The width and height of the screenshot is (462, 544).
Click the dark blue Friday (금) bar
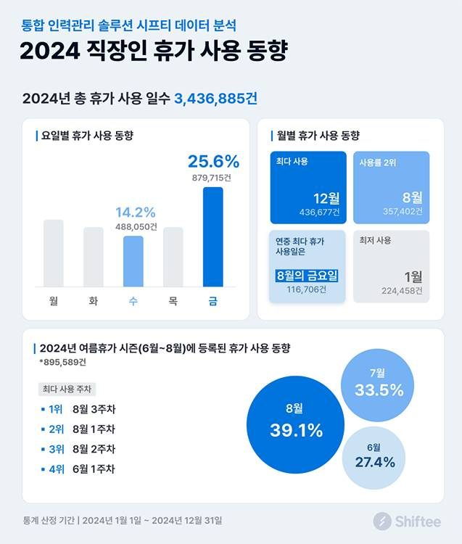213,237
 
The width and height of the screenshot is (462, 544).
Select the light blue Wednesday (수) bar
133,261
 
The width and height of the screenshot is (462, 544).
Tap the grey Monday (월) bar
54,253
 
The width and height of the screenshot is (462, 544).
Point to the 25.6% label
213,162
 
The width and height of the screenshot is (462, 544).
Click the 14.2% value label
136,213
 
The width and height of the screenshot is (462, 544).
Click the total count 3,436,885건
215,98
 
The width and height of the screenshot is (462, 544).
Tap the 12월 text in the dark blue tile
326,197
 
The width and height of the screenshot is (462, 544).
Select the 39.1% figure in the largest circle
296,430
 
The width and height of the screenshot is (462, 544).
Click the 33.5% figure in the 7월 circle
379,390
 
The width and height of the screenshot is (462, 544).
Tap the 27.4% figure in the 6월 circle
374,462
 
